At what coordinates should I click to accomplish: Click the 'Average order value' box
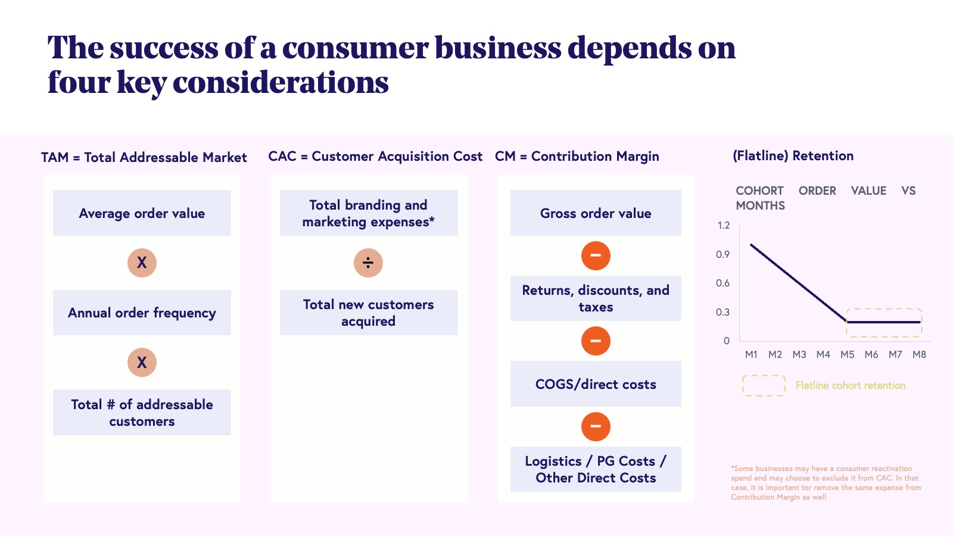tap(142, 213)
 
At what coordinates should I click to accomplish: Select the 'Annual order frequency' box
tap(142, 313)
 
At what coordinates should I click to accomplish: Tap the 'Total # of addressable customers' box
tap(142, 412)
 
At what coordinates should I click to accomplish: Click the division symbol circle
tap(368, 263)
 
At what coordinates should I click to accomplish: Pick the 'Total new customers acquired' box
tap(368, 313)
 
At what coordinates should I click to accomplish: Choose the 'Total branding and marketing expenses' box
tap(368, 213)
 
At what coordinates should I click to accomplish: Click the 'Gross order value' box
tap(596, 213)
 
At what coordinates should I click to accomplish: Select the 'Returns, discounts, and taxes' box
tap(596, 298)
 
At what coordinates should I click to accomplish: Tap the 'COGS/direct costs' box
tap(596, 384)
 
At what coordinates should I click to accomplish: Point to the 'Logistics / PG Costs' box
tap(596, 469)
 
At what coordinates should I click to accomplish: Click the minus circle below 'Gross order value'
tap(596, 256)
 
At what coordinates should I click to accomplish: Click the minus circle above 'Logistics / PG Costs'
tap(596, 426)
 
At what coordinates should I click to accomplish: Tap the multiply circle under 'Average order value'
tap(142, 263)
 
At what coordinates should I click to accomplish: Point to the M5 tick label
tap(847, 354)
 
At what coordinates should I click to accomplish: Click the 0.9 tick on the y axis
tap(722, 254)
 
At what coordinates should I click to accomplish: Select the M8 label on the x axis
tap(919, 354)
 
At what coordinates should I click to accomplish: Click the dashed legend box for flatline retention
tap(764, 385)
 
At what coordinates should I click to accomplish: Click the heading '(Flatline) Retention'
tap(793, 156)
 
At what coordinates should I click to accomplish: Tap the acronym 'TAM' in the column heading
tap(55, 157)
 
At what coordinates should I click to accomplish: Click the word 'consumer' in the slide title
tap(356, 48)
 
